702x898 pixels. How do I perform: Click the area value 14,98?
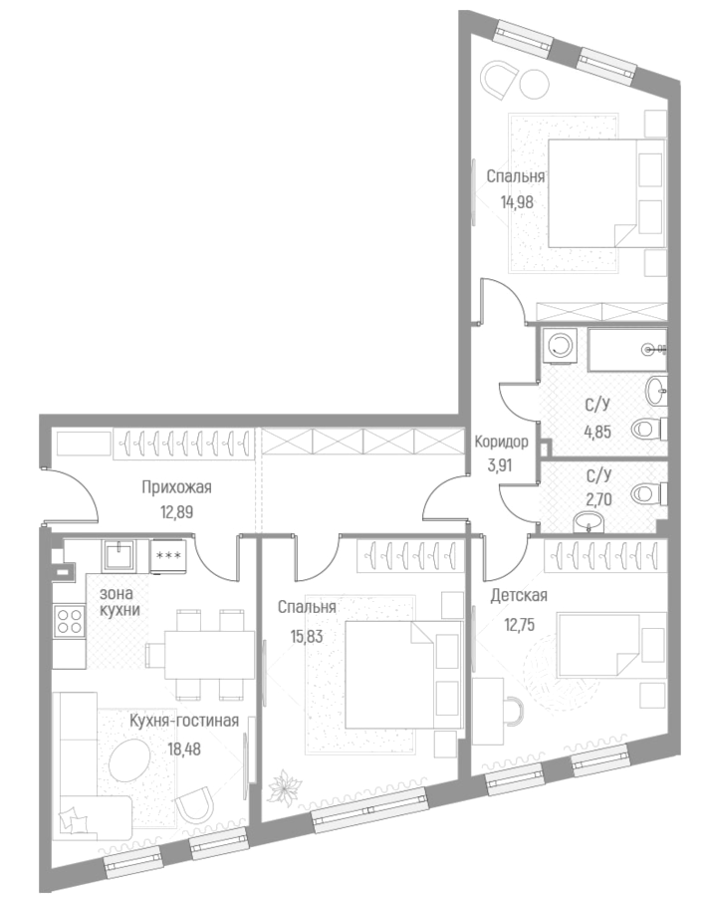[515, 198]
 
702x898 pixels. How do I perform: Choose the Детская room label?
[519, 596]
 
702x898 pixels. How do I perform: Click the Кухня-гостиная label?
[183, 721]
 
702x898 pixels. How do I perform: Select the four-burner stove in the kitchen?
[70, 622]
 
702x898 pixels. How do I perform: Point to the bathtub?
[625, 349]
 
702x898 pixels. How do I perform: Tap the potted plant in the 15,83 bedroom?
[285, 785]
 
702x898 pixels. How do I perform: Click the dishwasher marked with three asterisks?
[166, 554]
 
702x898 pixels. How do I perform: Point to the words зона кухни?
[119, 601]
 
